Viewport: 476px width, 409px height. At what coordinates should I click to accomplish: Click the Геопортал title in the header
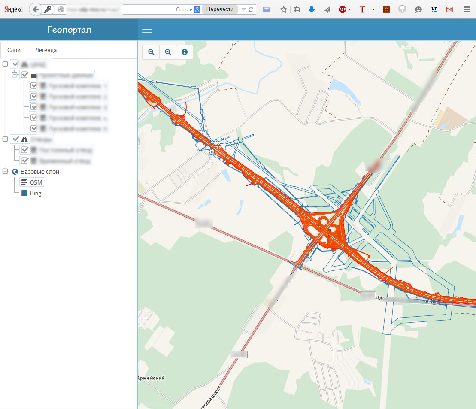pos(69,30)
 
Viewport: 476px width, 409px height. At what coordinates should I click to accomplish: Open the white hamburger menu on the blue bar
pos(147,30)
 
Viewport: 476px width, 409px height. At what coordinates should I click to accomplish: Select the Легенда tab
pos(46,50)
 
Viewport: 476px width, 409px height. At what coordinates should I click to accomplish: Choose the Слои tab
pos(14,50)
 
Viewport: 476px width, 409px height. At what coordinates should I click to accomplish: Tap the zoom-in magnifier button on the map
pos(151,52)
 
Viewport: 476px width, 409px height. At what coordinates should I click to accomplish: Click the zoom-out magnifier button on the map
pos(168,52)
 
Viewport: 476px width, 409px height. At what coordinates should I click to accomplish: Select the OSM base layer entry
pos(36,182)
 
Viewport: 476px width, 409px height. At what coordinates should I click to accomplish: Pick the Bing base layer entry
pos(36,194)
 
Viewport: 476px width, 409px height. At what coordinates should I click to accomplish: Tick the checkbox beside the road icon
pos(15,139)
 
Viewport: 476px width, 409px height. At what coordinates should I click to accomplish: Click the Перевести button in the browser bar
pos(220,9)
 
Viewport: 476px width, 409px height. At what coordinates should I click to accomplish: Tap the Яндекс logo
pos(14,9)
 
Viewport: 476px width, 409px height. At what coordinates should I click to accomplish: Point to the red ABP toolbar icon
pos(343,9)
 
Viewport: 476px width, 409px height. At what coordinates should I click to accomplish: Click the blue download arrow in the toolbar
pos(312,9)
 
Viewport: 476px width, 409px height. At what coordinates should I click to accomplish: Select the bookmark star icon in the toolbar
pos(283,9)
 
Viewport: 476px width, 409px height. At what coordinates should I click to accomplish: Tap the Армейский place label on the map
pos(152,378)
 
